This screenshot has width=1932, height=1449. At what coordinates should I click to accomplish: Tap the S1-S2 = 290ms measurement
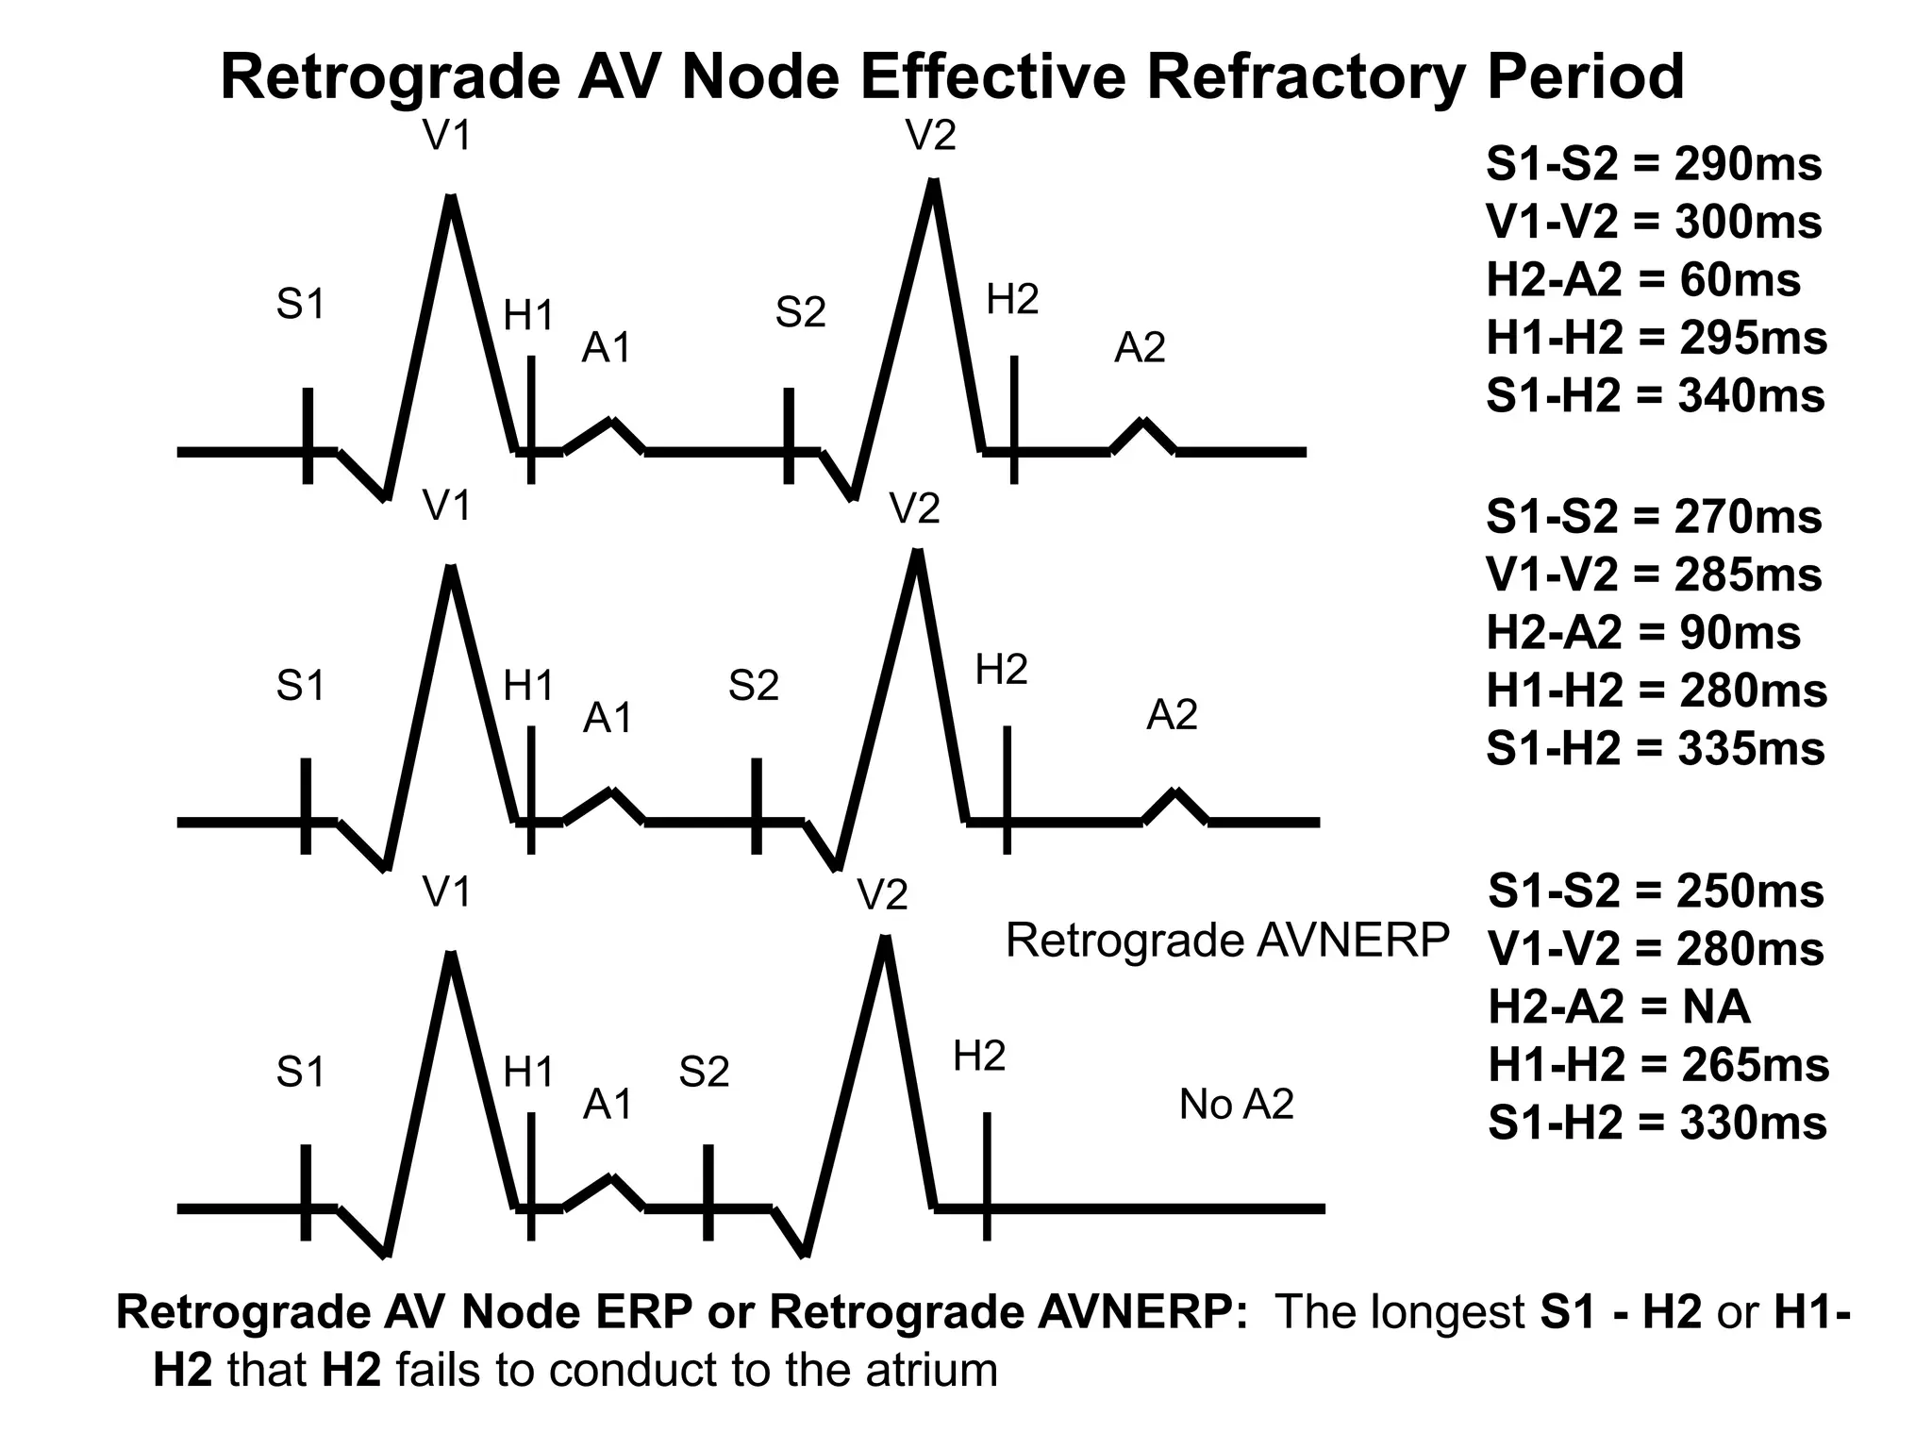click(1654, 164)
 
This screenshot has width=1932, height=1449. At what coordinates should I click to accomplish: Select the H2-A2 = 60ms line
click(1643, 280)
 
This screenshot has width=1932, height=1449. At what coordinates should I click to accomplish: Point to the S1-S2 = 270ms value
click(1654, 517)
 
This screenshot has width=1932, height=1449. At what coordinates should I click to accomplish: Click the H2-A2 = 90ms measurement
click(1643, 633)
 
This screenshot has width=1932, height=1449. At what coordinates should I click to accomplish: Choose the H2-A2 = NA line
click(1619, 1007)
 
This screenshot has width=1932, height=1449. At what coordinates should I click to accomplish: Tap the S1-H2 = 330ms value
click(1657, 1123)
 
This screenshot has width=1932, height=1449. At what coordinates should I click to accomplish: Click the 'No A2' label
click(1236, 1104)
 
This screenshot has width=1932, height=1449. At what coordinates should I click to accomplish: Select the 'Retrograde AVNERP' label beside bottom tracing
click(1226, 941)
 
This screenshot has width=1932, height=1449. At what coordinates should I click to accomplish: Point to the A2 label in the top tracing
click(1140, 348)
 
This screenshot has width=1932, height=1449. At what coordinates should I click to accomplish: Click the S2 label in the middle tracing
click(753, 686)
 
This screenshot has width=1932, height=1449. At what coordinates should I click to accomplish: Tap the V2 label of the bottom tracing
click(882, 894)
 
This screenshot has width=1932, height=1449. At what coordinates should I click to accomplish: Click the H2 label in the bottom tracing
click(979, 1057)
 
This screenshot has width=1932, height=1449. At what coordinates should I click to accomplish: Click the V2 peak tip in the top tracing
click(933, 183)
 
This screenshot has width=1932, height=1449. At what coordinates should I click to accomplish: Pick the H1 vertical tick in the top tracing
click(531, 419)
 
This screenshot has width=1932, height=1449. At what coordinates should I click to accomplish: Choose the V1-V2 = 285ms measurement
click(1654, 575)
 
